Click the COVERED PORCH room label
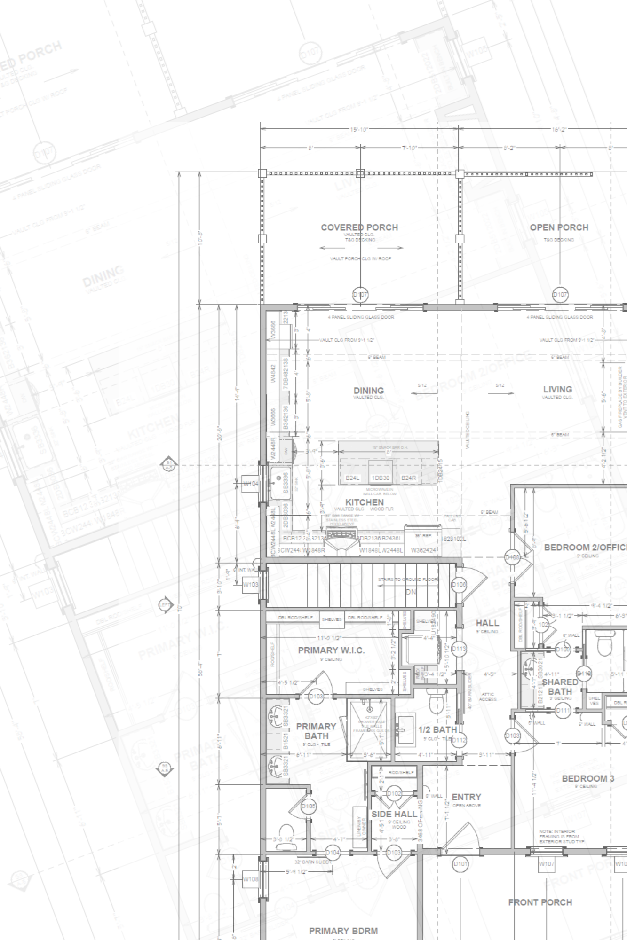pos(359,227)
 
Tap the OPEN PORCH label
pos(559,227)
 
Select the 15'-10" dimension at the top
pos(359,129)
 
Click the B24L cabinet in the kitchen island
pos(352,478)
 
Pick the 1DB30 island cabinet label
pos(381,478)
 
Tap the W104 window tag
pos(250,484)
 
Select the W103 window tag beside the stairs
pos(250,585)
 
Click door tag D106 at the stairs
pos(459,585)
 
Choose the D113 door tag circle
pos(459,649)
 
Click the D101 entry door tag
pos(460,864)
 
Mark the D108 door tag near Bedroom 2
pos(512,558)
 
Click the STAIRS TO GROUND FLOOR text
pos(407,580)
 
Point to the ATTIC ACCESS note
pos(487,697)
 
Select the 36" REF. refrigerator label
pos(423,536)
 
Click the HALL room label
pos(487,623)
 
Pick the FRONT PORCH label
pos(540,902)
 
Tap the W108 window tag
pos(250,879)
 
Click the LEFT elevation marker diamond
pos(166,605)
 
